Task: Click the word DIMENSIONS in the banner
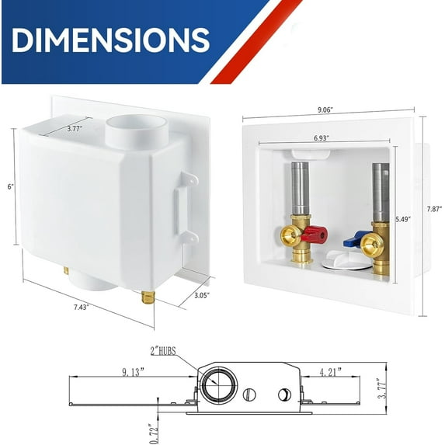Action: (x=110, y=40)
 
